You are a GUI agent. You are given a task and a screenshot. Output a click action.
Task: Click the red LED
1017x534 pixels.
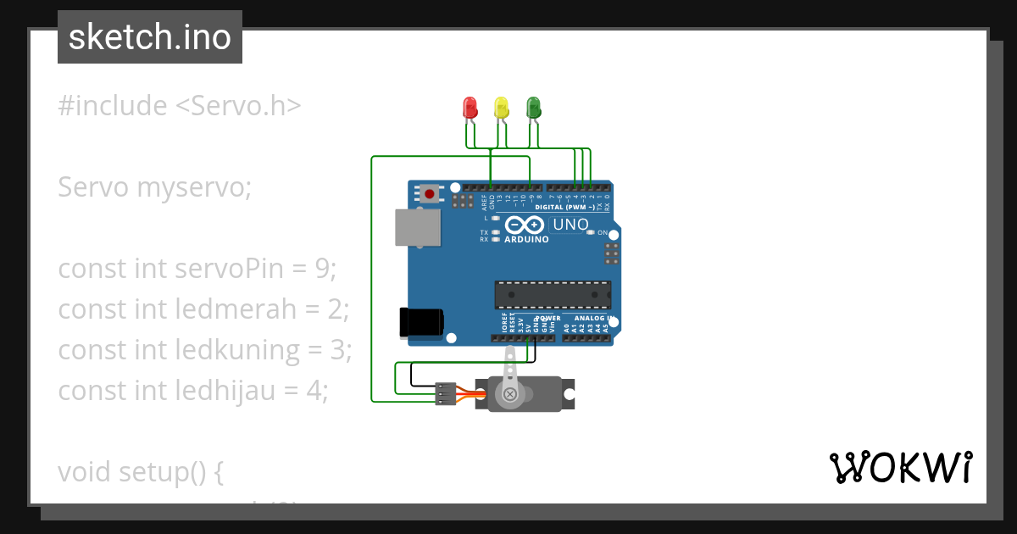pos(470,108)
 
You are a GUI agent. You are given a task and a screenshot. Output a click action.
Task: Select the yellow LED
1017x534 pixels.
pos(501,108)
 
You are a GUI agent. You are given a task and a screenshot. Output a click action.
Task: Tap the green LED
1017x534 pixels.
pos(533,108)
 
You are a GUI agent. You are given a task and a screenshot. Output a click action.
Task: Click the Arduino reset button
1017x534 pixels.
pos(430,194)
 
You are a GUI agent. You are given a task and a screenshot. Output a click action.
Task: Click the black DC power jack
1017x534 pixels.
pos(420,323)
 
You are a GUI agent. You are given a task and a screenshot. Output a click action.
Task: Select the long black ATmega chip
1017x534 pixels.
pos(553,294)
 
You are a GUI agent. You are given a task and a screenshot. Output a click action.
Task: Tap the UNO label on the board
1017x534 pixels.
pos(570,225)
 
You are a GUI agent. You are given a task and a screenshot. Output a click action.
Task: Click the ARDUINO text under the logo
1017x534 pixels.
pos(526,239)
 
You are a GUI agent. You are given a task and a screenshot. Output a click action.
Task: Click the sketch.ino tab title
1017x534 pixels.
pos(150,37)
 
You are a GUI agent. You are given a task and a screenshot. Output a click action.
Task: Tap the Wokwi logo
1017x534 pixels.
pos(900,467)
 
